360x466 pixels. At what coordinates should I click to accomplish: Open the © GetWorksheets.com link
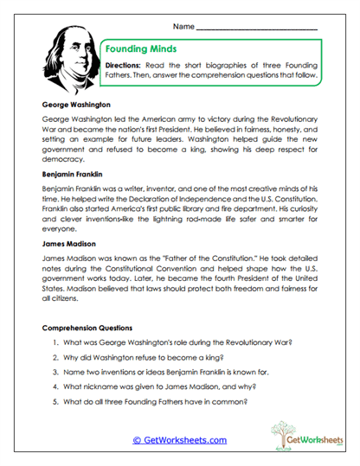(x=179, y=440)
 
